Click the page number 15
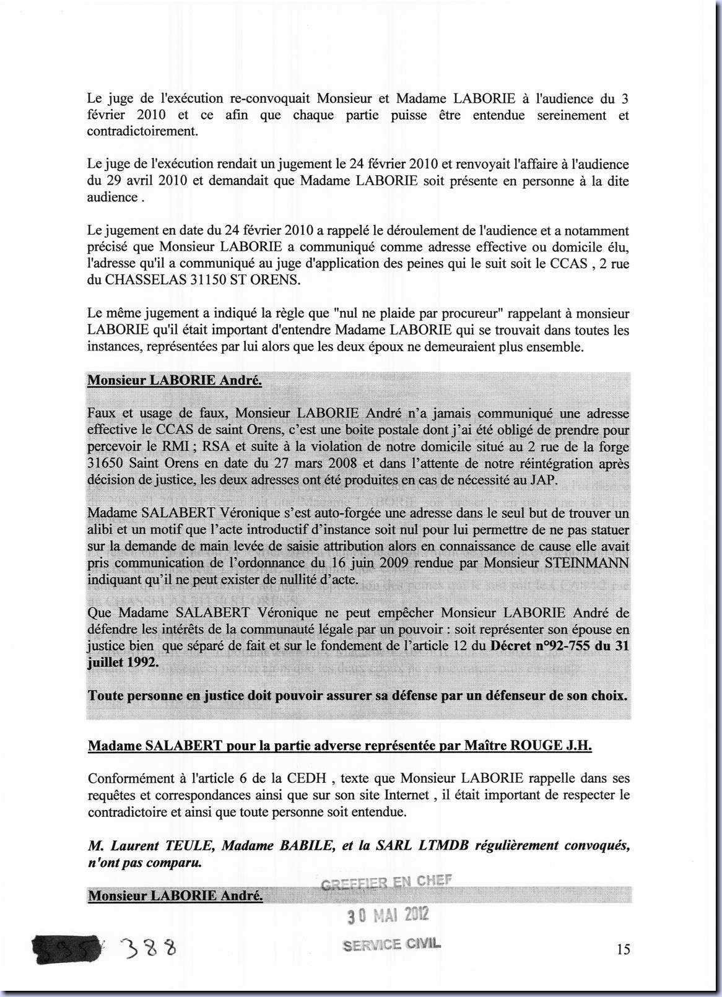[x=623, y=949]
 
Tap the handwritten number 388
[x=149, y=947]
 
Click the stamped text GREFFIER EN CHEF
[x=387, y=882]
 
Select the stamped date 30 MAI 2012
[x=388, y=915]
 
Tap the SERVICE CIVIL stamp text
[x=391, y=944]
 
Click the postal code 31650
[x=108, y=463]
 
